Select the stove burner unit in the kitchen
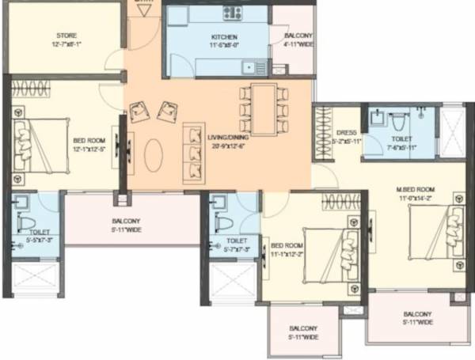tap(232, 13)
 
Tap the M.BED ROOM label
tap(416, 190)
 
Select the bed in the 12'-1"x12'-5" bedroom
tap(43, 144)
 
